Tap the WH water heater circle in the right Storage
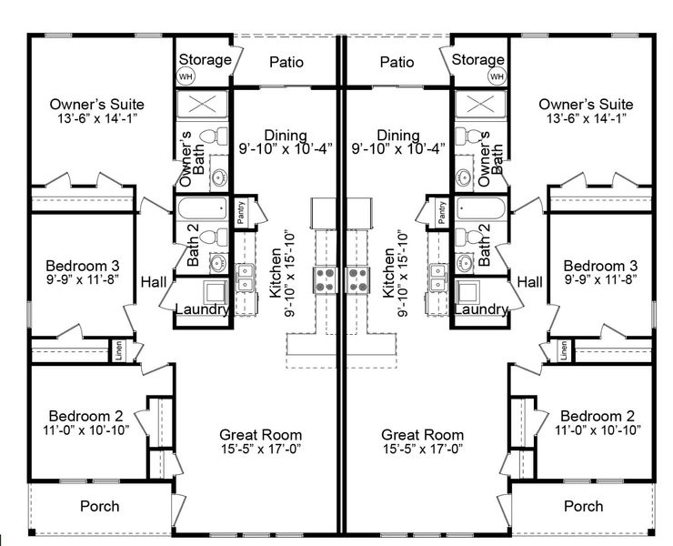coord(496,77)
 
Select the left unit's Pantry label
coord(242,211)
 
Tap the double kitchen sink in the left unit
coord(246,275)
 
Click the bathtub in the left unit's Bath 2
coord(204,209)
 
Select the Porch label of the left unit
coord(99,506)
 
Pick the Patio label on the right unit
coord(397,63)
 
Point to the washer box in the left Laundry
coord(215,293)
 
